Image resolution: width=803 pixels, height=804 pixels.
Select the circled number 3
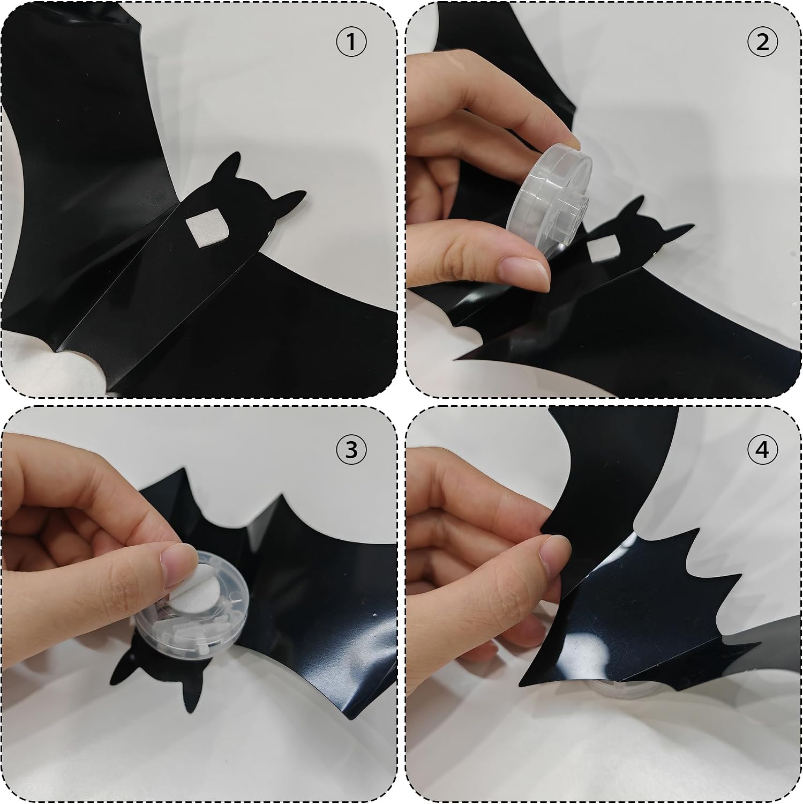351,450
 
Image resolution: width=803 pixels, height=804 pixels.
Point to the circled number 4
762,450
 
